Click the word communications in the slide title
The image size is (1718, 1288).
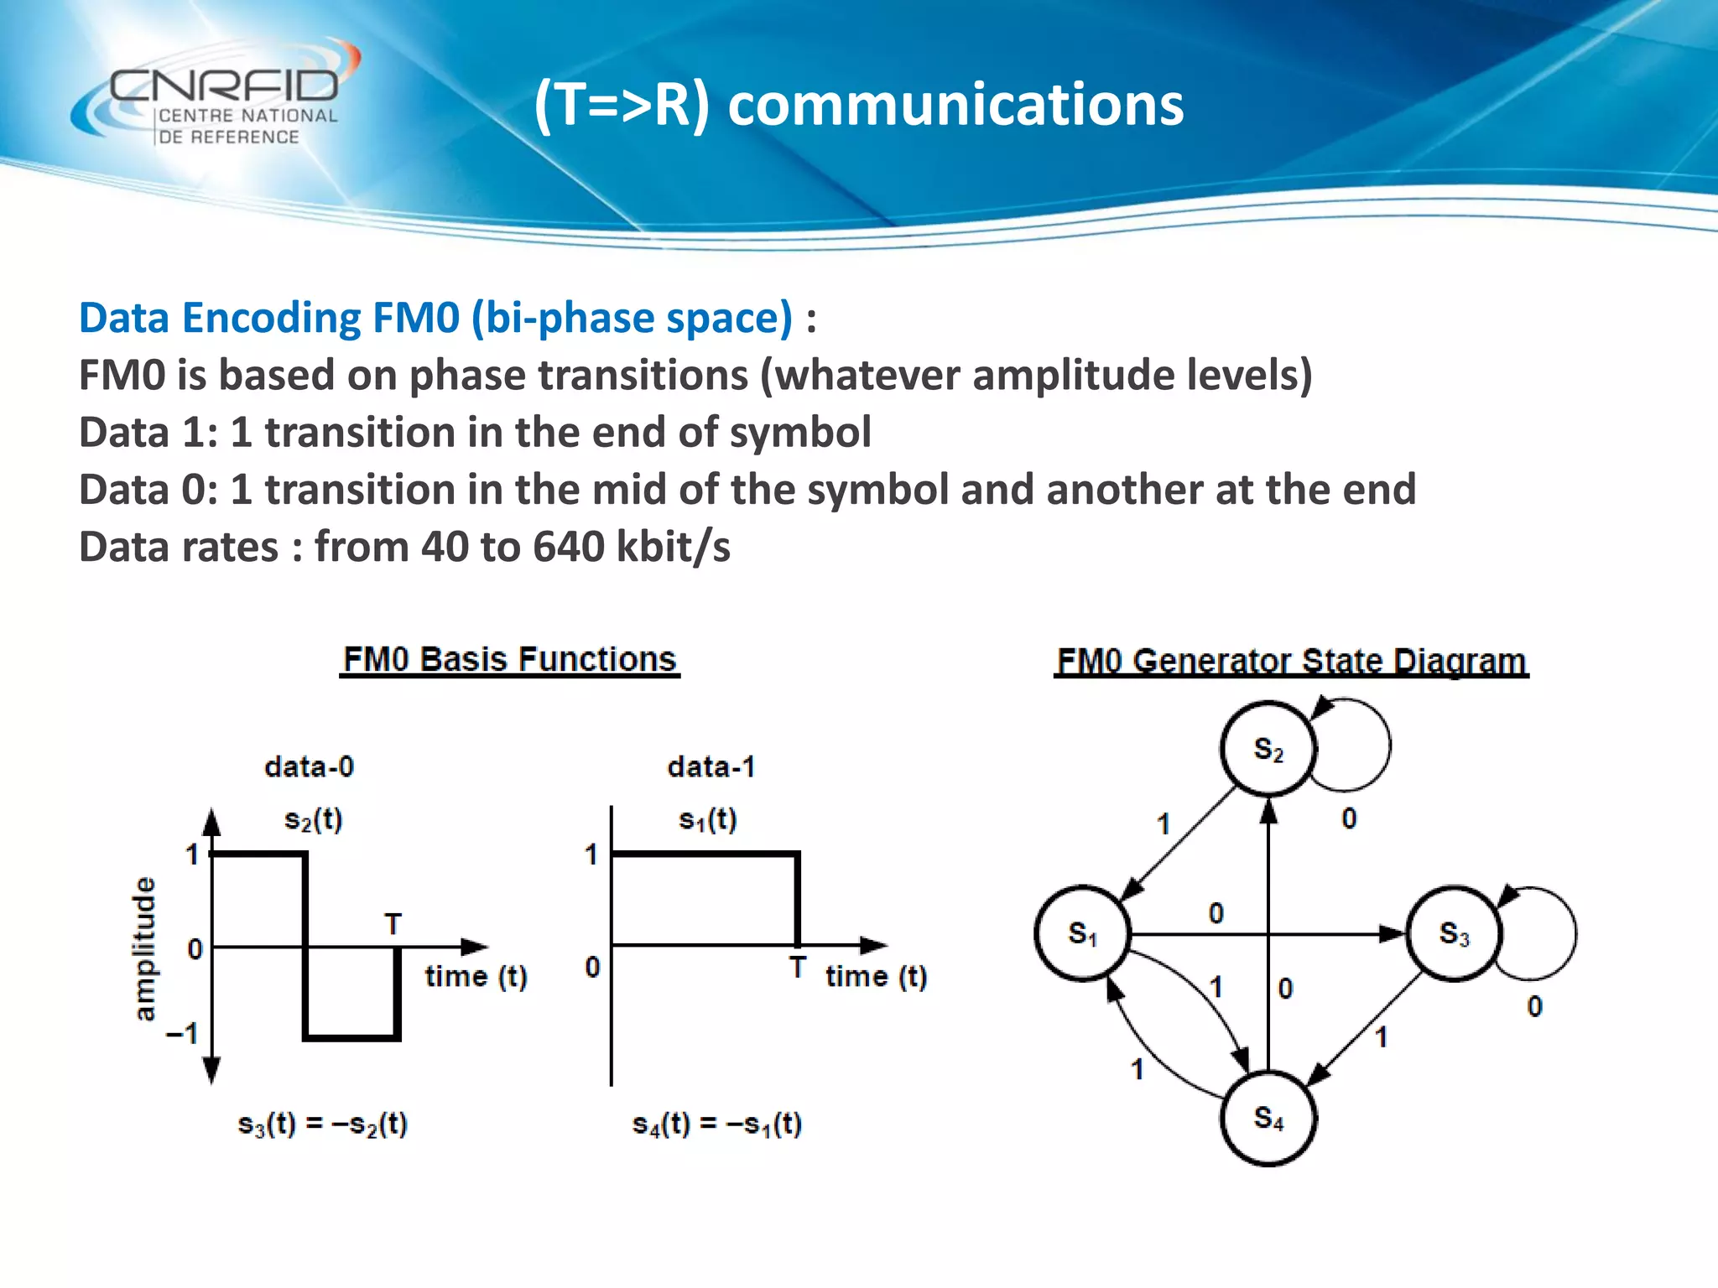(955, 106)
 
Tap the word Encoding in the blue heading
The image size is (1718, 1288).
(271, 319)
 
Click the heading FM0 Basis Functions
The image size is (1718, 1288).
(509, 659)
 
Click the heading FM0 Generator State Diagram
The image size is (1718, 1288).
(1290, 661)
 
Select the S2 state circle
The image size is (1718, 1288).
(1268, 749)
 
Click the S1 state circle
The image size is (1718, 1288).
(1082, 933)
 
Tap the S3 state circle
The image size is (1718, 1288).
(1453, 933)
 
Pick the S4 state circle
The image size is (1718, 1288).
(1268, 1118)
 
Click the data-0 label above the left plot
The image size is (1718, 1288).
(309, 766)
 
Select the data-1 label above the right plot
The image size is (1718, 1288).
(711, 766)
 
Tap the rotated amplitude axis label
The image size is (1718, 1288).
(145, 948)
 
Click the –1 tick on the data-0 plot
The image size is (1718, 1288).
(182, 1033)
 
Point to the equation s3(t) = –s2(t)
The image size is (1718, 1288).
(323, 1124)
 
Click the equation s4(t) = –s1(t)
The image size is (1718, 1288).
(717, 1124)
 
